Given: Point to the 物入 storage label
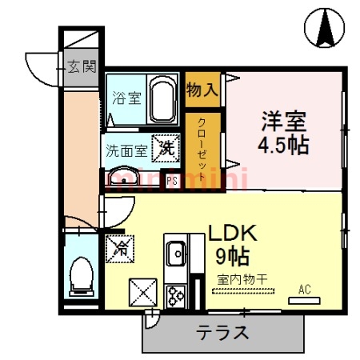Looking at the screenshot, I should tap(202, 88).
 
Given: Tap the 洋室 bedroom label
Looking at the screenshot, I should tap(284, 122).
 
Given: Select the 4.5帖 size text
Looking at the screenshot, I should tap(284, 146).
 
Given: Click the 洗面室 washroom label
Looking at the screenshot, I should tap(126, 150).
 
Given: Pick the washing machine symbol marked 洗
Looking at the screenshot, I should tap(165, 147).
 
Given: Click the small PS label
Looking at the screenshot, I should tap(171, 180).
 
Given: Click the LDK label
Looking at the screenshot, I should tap(233, 233).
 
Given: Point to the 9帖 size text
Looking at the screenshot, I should tap(231, 257).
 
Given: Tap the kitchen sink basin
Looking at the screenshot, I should tap(175, 255).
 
